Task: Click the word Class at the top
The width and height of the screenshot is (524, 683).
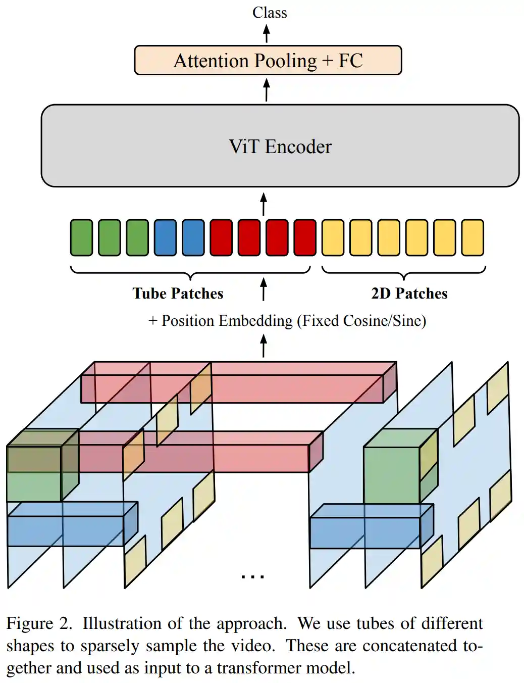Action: tap(270, 13)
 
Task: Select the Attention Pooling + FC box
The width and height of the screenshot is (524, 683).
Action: tap(268, 61)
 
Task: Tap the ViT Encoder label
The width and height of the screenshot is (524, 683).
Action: tap(280, 147)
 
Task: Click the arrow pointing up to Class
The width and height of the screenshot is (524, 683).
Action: tap(267, 34)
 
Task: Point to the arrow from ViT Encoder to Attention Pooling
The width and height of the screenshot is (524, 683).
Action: tap(267, 90)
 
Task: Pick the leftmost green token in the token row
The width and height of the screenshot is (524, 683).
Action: tap(81, 237)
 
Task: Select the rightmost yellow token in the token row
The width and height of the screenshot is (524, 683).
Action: tap(473, 237)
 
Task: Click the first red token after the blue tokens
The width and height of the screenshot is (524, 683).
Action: tap(221, 237)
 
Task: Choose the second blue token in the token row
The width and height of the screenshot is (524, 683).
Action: tap(193, 237)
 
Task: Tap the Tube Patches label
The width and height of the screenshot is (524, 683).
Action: tap(178, 294)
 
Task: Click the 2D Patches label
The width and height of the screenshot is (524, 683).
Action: tap(409, 294)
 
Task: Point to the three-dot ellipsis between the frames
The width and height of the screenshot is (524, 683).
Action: tap(253, 576)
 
